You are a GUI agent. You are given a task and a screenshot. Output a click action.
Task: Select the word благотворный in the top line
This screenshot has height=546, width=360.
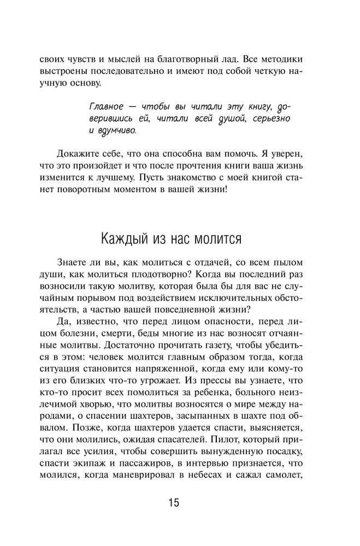pyautogui.click(x=189, y=58)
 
